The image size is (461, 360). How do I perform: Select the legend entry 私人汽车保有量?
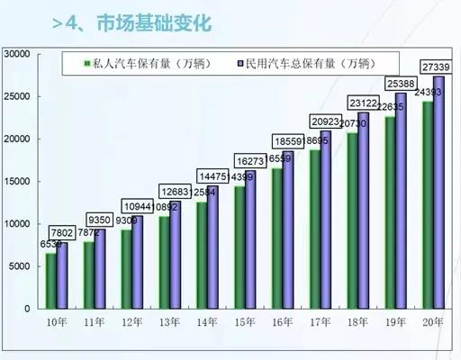tap(139, 65)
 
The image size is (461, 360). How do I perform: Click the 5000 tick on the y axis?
tap(21, 266)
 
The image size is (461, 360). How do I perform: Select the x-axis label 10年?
tap(58, 321)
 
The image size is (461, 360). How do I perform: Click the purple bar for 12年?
tap(138, 262)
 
